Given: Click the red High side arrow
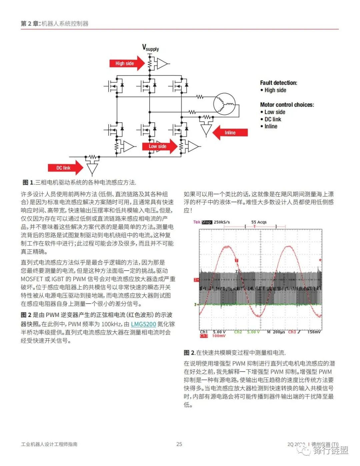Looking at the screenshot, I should tap(126, 63).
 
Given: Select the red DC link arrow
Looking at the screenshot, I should tap(65, 168).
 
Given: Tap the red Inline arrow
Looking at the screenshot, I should tap(230, 133).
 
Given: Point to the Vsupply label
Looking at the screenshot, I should tap(151, 48).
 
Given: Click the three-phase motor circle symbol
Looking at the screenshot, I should tap(224, 104).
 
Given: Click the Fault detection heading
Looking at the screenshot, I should tap(278, 83).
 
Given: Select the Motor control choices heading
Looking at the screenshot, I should tap(287, 105).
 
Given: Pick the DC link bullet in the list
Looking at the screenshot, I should tap(273, 119).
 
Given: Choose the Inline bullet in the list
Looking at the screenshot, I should tap(271, 126).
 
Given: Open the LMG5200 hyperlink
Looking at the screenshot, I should tap(143, 324).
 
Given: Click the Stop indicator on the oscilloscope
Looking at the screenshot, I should tap(207, 222).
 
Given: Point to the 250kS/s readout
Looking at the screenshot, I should tap(222, 222).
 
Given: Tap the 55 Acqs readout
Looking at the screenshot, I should tap(259, 222).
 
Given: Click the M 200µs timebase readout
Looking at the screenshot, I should tap(276, 332).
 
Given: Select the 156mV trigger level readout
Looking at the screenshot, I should tap(314, 332).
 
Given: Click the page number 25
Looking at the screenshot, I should tap(179, 444).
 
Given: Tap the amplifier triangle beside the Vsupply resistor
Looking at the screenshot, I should tap(162, 63).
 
